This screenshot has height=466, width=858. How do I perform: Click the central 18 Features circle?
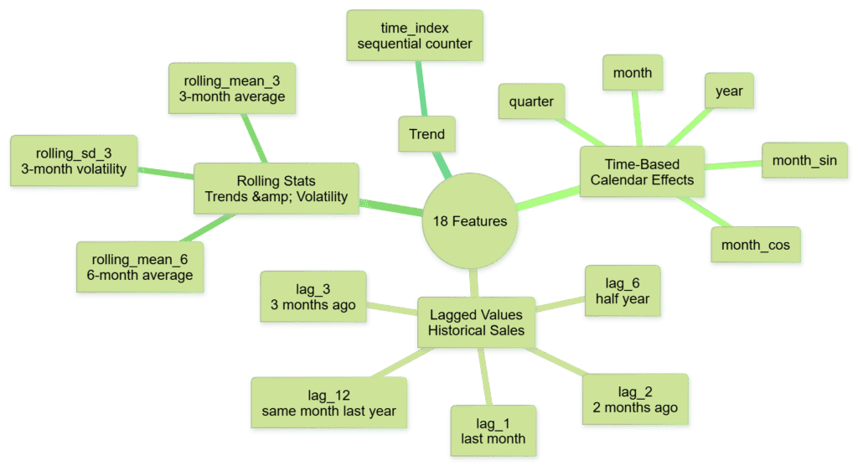[x=469, y=221]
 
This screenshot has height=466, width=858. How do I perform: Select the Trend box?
[x=426, y=134]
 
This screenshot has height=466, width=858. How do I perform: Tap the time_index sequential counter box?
[x=414, y=36]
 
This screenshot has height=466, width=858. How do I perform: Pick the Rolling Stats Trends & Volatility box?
[x=276, y=189]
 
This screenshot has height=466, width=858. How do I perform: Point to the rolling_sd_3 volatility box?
[x=74, y=161]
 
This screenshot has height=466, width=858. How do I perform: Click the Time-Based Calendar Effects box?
[x=642, y=172]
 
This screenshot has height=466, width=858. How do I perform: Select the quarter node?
[x=531, y=102]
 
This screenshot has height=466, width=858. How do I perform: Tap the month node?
[x=633, y=74]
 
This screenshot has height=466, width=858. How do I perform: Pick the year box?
[x=729, y=91]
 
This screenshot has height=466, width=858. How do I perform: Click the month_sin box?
[x=799, y=160]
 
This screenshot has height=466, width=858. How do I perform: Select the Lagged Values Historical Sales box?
[x=476, y=323]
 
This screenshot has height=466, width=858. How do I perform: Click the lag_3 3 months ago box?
[x=313, y=297]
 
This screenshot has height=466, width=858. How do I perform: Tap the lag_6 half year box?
[x=623, y=291]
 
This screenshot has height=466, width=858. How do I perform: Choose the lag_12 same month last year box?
[x=329, y=403]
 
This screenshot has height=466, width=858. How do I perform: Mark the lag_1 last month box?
[x=493, y=431]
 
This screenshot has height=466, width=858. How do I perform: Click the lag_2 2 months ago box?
[x=635, y=400]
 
